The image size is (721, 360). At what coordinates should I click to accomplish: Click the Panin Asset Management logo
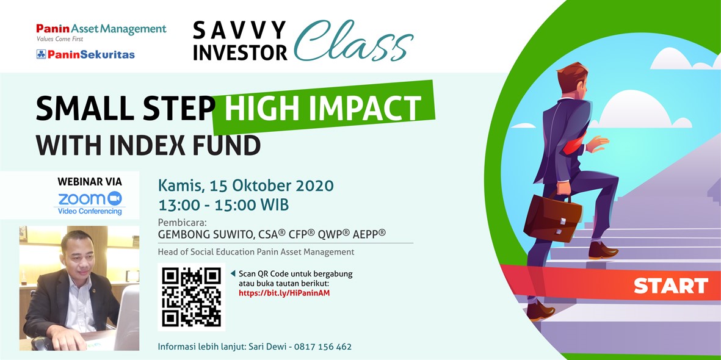pos(101,32)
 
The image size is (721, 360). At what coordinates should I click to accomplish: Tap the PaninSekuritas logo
pos(85,55)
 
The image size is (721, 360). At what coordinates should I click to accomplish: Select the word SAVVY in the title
pos(239,31)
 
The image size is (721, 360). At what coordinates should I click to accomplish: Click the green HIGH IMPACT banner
pos(323,108)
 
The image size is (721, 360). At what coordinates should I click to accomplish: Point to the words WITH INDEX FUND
pos(148,145)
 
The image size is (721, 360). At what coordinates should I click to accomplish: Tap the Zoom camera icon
pos(115,198)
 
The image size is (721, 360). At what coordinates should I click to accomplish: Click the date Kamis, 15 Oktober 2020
pos(245,185)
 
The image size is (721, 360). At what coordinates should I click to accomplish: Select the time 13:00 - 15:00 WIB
pos(223,204)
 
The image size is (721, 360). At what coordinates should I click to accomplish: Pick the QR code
pos(191,297)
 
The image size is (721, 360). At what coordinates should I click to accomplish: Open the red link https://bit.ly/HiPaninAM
pos(284,293)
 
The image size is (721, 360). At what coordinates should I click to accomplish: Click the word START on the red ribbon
pos(671,286)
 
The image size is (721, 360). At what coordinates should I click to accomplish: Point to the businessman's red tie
pos(574,145)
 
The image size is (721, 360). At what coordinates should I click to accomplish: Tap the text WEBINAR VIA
pos(90,181)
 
